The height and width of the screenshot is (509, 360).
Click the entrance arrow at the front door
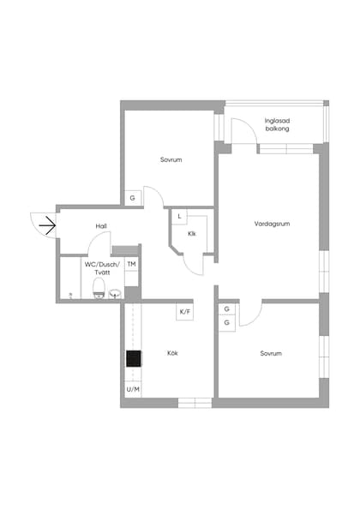coord(47,225)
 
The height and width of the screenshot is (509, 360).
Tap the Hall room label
coord(101,226)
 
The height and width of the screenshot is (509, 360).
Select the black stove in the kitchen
coord(134,359)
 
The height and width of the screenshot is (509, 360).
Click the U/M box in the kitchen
coord(133,389)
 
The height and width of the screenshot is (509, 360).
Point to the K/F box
coord(184,312)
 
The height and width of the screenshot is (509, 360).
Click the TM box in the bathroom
coord(131,264)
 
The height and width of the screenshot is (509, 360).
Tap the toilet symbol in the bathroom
coord(99,288)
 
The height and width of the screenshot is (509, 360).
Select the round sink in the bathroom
coord(115,293)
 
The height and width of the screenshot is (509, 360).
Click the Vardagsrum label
coord(272,224)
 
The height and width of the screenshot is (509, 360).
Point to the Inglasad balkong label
coord(277,124)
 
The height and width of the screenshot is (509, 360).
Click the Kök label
coord(172,353)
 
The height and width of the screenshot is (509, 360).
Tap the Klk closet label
coord(192,233)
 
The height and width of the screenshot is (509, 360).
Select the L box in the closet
coord(179,217)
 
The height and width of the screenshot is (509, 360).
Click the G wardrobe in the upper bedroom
coord(133,198)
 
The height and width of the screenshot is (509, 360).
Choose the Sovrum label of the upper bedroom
coord(171,159)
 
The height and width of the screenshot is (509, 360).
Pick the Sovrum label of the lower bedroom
coord(271,353)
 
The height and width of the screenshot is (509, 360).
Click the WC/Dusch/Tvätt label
coord(102,268)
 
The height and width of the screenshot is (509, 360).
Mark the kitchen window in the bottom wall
coord(195,403)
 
